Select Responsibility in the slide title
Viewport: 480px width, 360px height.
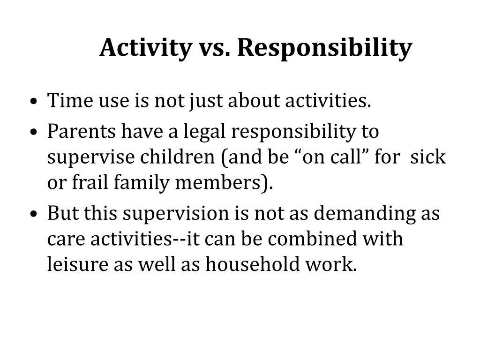(x=324, y=48)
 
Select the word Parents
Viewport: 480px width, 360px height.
(x=81, y=132)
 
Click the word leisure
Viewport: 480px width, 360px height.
(x=77, y=265)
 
